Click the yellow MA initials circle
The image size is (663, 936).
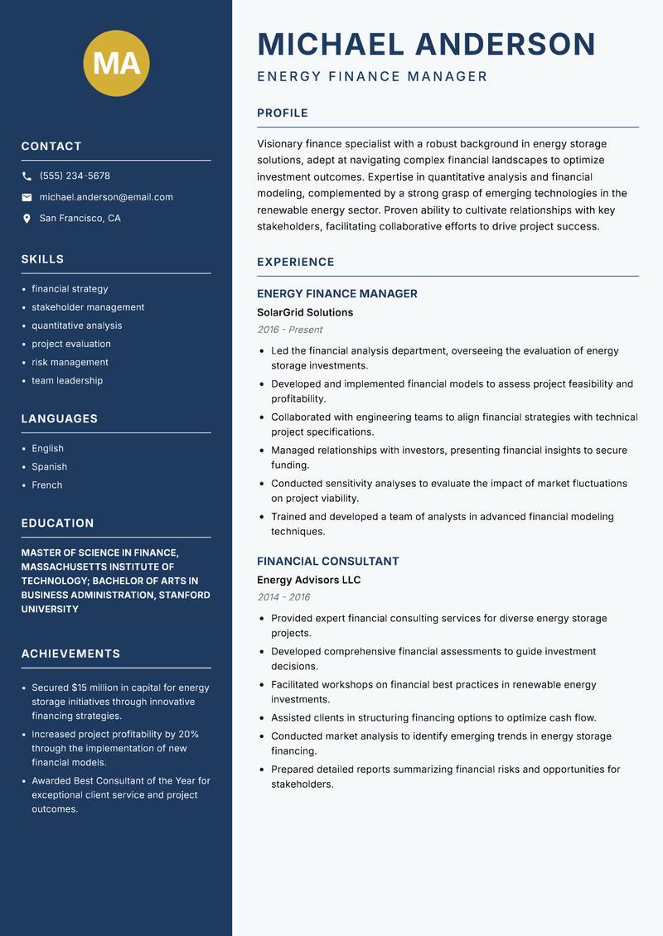pyautogui.click(x=117, y=63)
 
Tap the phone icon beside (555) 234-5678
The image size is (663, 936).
pyautogui.click(x=27, y=176)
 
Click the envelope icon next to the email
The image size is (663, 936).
pyautogui.click(x=27, y=197)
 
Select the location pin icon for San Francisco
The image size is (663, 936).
pyautogui.click(x=27, y=219)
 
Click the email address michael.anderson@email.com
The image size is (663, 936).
pyautogui.click(x=106, y=197)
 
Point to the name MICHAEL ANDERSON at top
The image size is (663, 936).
pyautogui.click(x=427, y=44)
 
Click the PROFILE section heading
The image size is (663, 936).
pyautogui.click(x=283, y=113)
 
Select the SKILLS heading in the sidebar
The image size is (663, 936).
pyautogui.click(x=42, y=259)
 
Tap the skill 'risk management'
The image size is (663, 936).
pyautogui.click(x=70, y=362)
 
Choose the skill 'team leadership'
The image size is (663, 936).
pyautogui.click(x=67, y=380)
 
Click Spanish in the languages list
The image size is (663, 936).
pyautogui.click(x=49, y=466)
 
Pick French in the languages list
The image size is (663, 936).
pyautogui.click(x=46, y=485)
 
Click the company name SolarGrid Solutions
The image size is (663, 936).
pyautogui.click(x=305, y=312)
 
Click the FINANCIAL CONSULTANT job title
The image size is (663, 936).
pyautogui.click(x=328, y=561)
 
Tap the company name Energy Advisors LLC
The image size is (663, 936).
pyautogui.click(x=308, y=580)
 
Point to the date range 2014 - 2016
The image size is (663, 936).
pyautogui.click(x=283, y=597)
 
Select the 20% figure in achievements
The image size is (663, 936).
pyautogui.click(x=188, y=734)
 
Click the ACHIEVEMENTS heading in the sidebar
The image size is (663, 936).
pyautogui.click(x=70, y=654)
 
